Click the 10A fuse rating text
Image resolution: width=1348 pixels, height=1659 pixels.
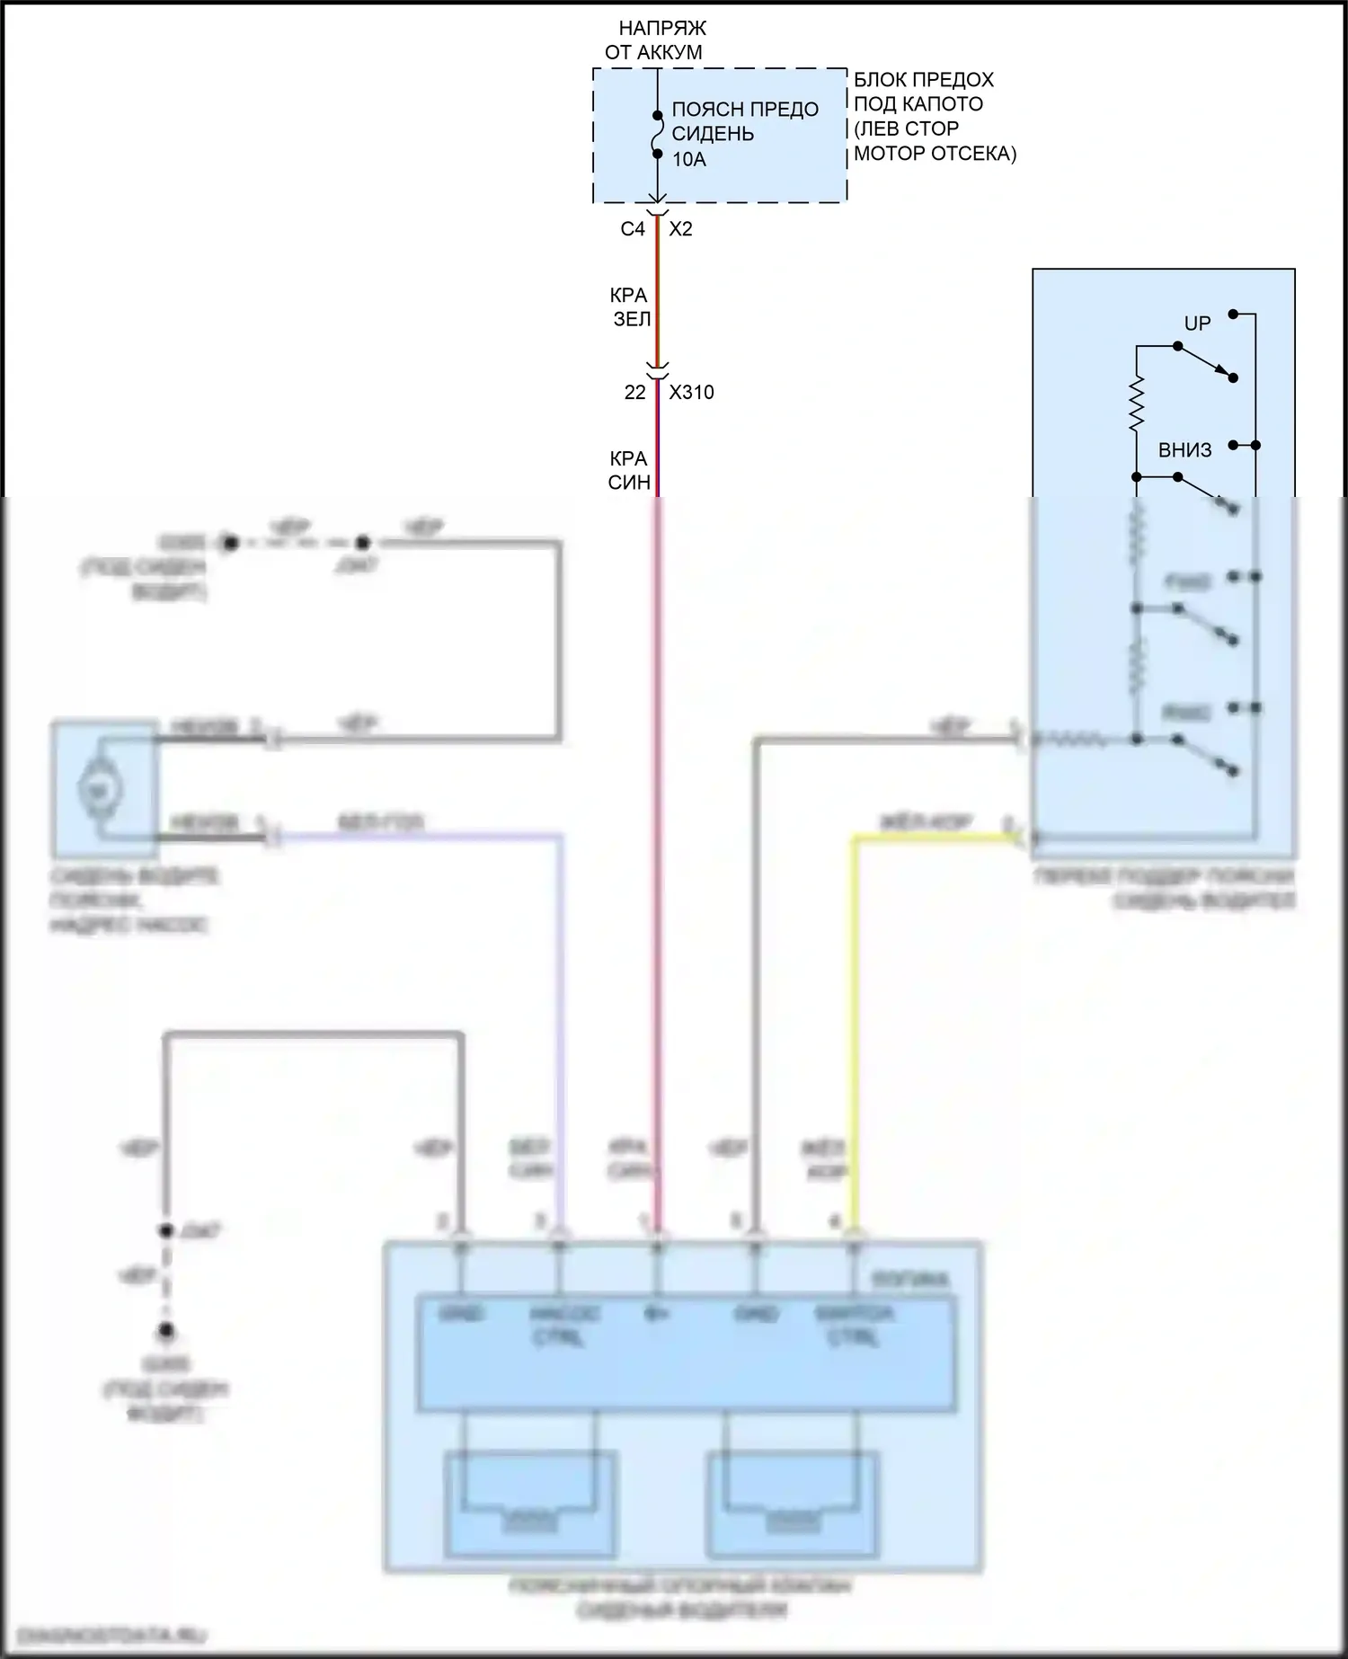(x=689, y=160)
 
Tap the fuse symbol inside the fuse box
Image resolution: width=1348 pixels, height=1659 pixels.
(x=658, y=134)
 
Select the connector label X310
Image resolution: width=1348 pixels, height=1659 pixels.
(x=691, y=393)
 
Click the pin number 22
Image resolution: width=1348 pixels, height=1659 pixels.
(x=634, y=393)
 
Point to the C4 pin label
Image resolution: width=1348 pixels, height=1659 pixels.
(x=633, y=229)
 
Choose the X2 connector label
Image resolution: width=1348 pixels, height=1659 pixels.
(x=681, y=229)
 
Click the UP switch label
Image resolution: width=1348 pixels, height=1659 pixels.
(x=1197, y=324)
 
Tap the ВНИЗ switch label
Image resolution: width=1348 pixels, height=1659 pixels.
(x=1184, y=450)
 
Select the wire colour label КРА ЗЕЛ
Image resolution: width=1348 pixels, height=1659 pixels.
(x=631, y=306)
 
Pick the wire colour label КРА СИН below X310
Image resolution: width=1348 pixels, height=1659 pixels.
(x=629, y=471)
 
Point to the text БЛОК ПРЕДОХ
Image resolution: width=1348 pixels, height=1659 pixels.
(x=924, y=79)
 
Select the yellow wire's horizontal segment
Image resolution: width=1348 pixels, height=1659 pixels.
(x=935, y=838)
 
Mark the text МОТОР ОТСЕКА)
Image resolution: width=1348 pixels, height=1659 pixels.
(x=935, y=154)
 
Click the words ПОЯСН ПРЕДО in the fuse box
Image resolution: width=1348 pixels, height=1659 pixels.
(x=745, y=110)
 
